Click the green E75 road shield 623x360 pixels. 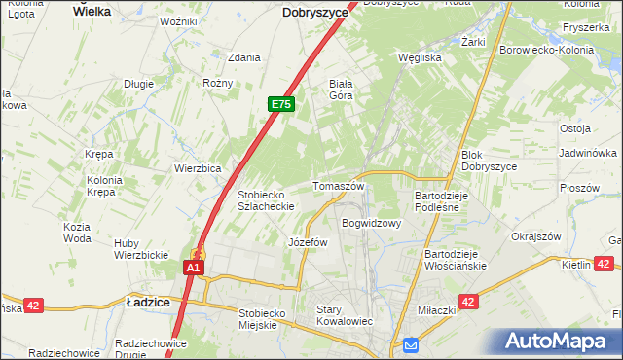(x=281, y=104)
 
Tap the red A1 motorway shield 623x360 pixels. (x=194, y=267)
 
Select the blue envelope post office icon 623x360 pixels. (x=411, y=344)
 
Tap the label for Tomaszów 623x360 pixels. (x=338, y=186)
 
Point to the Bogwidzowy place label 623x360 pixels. (x=371, y=223)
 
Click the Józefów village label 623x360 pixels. (x=308, y=242)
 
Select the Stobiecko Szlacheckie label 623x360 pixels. (x=267, y=199)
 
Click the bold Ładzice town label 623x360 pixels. (x=149, y=303)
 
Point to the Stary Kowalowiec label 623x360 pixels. (x=345, y=315)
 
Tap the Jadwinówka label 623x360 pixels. (x=588, y=153)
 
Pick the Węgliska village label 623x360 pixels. (x=421, y=56)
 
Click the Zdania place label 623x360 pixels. (x=243, y=57)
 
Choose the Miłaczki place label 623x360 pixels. (x=436, y=309)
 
